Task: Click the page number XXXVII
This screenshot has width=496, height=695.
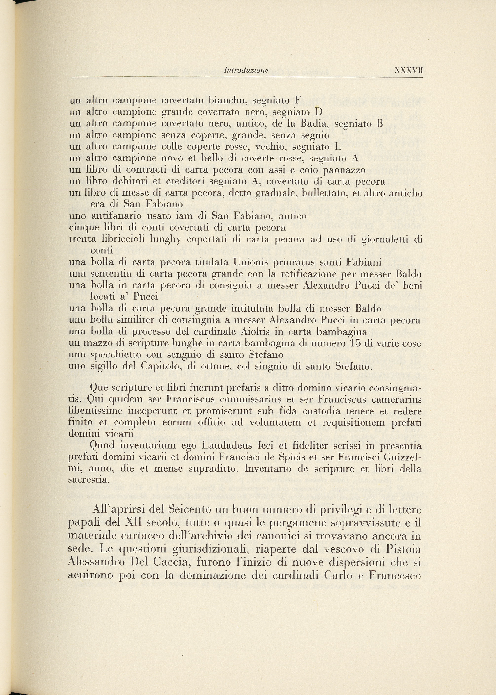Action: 409,70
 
